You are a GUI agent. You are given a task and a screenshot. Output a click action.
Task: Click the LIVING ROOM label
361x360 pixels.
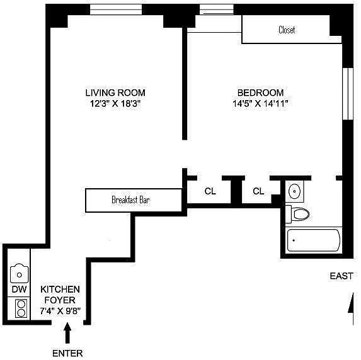[x=115, y=93]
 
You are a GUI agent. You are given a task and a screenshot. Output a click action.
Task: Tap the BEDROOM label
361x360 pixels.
[x=260, y=93]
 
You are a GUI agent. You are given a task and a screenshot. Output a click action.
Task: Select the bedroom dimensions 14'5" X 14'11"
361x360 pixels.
[x=260, y=103]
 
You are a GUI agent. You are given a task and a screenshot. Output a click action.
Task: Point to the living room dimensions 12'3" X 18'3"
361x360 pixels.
[x=115, y=103]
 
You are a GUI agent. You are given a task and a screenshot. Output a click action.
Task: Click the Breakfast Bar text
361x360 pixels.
[x=130, y=200]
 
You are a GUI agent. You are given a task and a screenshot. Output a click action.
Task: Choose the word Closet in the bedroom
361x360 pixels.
[x=287, y=30]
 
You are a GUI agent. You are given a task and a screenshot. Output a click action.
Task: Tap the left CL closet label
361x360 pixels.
[x=210, y=191]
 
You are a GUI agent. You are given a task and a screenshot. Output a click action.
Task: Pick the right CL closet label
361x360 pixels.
[x=258, y=191]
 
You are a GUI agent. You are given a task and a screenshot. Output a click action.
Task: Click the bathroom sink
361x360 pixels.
[x=294, y=191]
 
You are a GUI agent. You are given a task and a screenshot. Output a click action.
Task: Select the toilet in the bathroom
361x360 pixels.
[x=298, y=214]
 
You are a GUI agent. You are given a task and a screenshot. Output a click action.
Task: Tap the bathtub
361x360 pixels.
[x=314, y=240]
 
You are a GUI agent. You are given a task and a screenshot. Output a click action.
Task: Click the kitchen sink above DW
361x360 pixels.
[x=20, y=274]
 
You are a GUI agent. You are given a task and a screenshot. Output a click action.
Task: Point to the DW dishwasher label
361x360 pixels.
[x=19, y=290]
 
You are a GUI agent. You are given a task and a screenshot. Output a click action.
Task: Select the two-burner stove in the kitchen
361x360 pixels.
[x=21, y=308]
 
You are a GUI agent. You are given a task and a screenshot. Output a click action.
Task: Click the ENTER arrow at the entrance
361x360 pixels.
[x=67, y=333]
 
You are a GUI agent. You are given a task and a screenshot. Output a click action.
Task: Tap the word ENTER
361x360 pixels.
[x=67, y=353]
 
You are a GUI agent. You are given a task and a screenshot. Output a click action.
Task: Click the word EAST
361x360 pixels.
[x=341, y=276]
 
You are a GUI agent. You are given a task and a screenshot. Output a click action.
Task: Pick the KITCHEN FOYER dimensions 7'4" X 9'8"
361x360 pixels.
[x=60, y=311]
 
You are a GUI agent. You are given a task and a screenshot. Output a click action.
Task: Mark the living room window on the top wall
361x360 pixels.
[x=116, y=9]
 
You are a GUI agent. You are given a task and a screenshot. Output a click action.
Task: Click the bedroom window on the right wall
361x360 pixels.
[x=348, y=93]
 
